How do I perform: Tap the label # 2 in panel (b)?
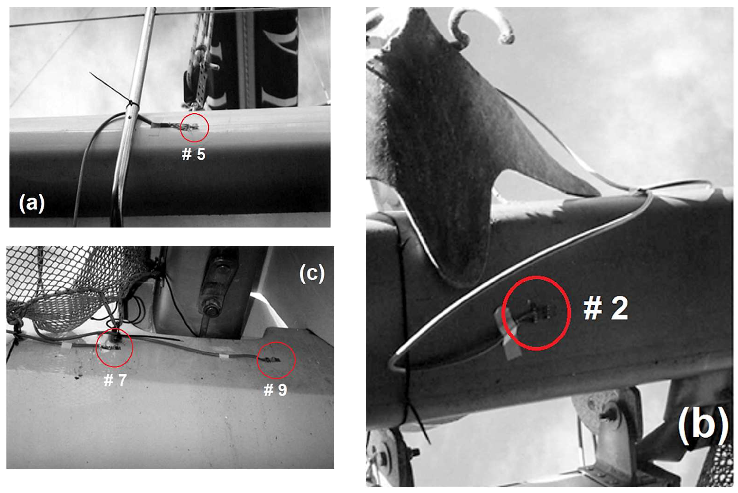tap(606, 309)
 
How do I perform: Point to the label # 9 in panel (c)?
tap(275, 390)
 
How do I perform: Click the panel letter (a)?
tap(32, 203)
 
